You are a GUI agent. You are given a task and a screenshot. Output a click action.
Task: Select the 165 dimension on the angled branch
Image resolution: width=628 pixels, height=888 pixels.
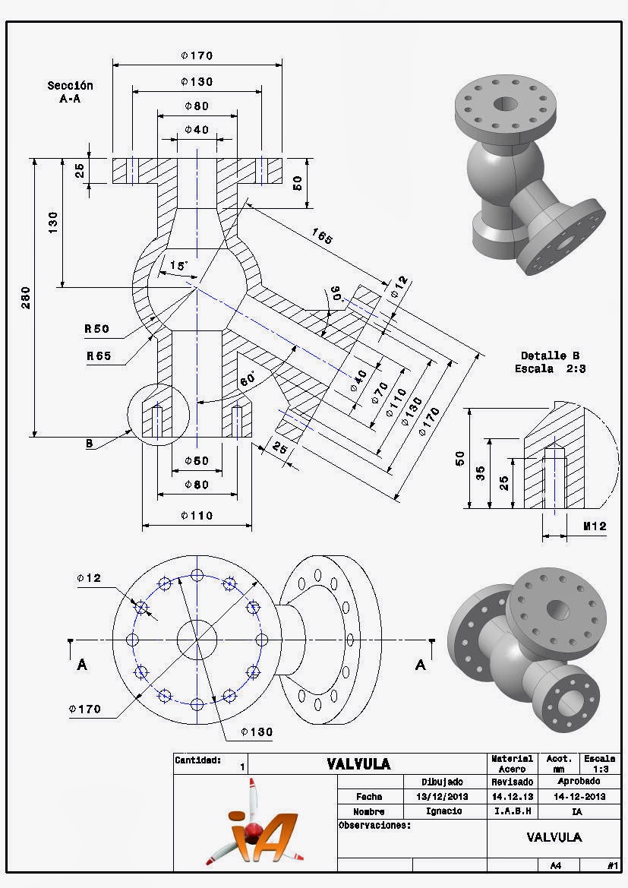point(323,237)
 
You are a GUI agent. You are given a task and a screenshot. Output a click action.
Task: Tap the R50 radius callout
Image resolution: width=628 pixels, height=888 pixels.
point(96,329)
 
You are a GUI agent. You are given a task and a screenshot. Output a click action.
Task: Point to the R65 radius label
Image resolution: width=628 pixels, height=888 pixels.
point(96,355)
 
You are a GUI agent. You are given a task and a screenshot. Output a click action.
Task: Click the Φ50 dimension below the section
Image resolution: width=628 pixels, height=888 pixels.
point(196,461)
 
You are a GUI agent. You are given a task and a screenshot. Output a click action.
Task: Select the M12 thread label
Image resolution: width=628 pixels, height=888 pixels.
point(595,526)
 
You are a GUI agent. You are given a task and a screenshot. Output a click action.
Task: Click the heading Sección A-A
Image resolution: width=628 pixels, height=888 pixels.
point(70,92)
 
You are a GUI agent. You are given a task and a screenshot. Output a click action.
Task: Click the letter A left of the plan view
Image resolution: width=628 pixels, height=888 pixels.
point(82,665)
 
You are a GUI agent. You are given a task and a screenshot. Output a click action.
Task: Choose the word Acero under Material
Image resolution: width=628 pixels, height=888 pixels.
point(512,769)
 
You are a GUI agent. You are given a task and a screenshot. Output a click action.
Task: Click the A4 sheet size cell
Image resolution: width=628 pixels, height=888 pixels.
point(554,864)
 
